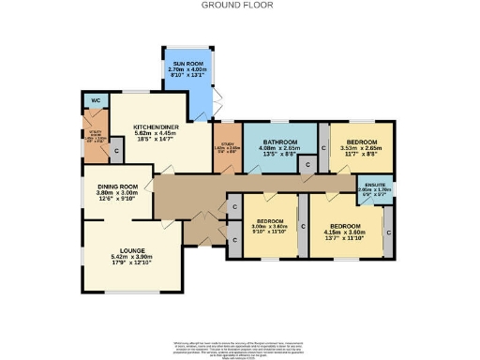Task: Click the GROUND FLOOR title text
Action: [x=240, y=5]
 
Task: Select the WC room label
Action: [x=95, y=100]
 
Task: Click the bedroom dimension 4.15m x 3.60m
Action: [x=343, y=232]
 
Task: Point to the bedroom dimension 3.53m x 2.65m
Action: [x=360, y=145]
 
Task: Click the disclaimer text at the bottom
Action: [x=240, y=348]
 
